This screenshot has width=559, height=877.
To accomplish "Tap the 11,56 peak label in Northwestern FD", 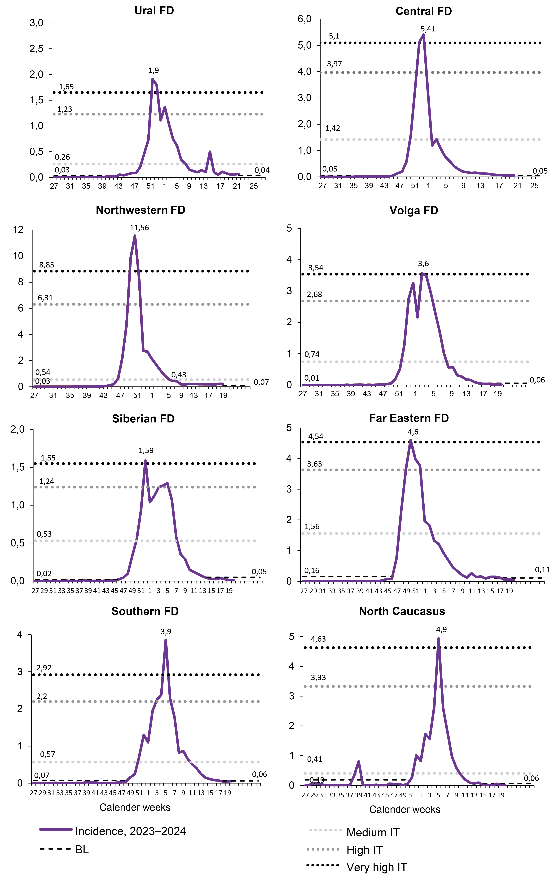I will (x=139, y=228).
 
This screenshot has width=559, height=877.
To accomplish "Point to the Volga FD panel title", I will (x=414, y=211).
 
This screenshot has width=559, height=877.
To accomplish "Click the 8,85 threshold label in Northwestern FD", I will (x=47, y=265).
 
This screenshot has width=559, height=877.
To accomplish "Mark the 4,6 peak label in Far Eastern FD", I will (x=413, y=432).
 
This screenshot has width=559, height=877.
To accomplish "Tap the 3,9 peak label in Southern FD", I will (x=166, y=632).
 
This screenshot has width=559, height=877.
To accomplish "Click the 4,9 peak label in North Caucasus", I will (x=441, y=629).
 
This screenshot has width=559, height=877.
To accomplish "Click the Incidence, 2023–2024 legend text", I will (x=130, y=831).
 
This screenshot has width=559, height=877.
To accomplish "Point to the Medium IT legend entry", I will (x=373, y=832).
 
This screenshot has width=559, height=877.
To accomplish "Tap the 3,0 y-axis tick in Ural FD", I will (x=36, y=23).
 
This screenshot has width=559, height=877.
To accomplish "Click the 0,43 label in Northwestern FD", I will (x=179, y=375).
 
